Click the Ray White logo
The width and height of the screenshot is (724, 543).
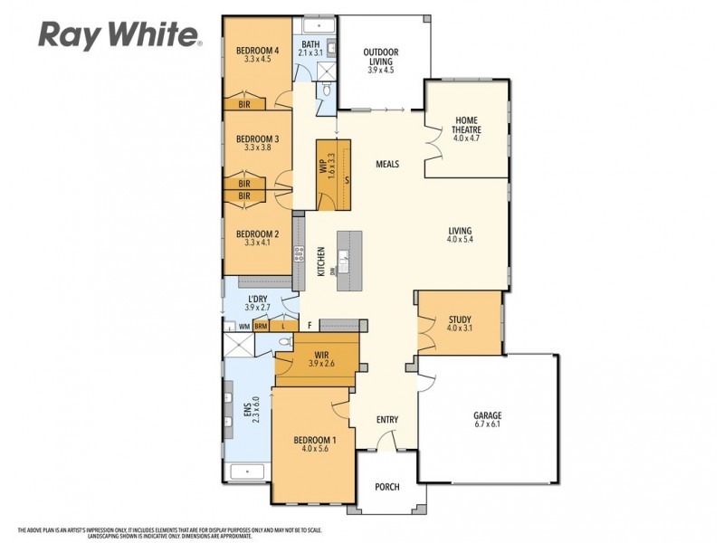119,34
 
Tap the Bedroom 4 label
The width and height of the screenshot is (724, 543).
257,50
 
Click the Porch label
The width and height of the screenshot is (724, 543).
387,487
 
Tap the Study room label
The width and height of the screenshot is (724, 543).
460,319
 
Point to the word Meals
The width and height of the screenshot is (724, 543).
387,164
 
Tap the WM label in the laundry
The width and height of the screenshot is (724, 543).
243,326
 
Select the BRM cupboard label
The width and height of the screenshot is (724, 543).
261,326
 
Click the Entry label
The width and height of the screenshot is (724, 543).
387,419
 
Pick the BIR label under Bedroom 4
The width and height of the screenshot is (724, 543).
244,104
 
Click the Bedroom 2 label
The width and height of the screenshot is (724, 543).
257,233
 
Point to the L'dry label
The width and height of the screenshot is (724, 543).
257,299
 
